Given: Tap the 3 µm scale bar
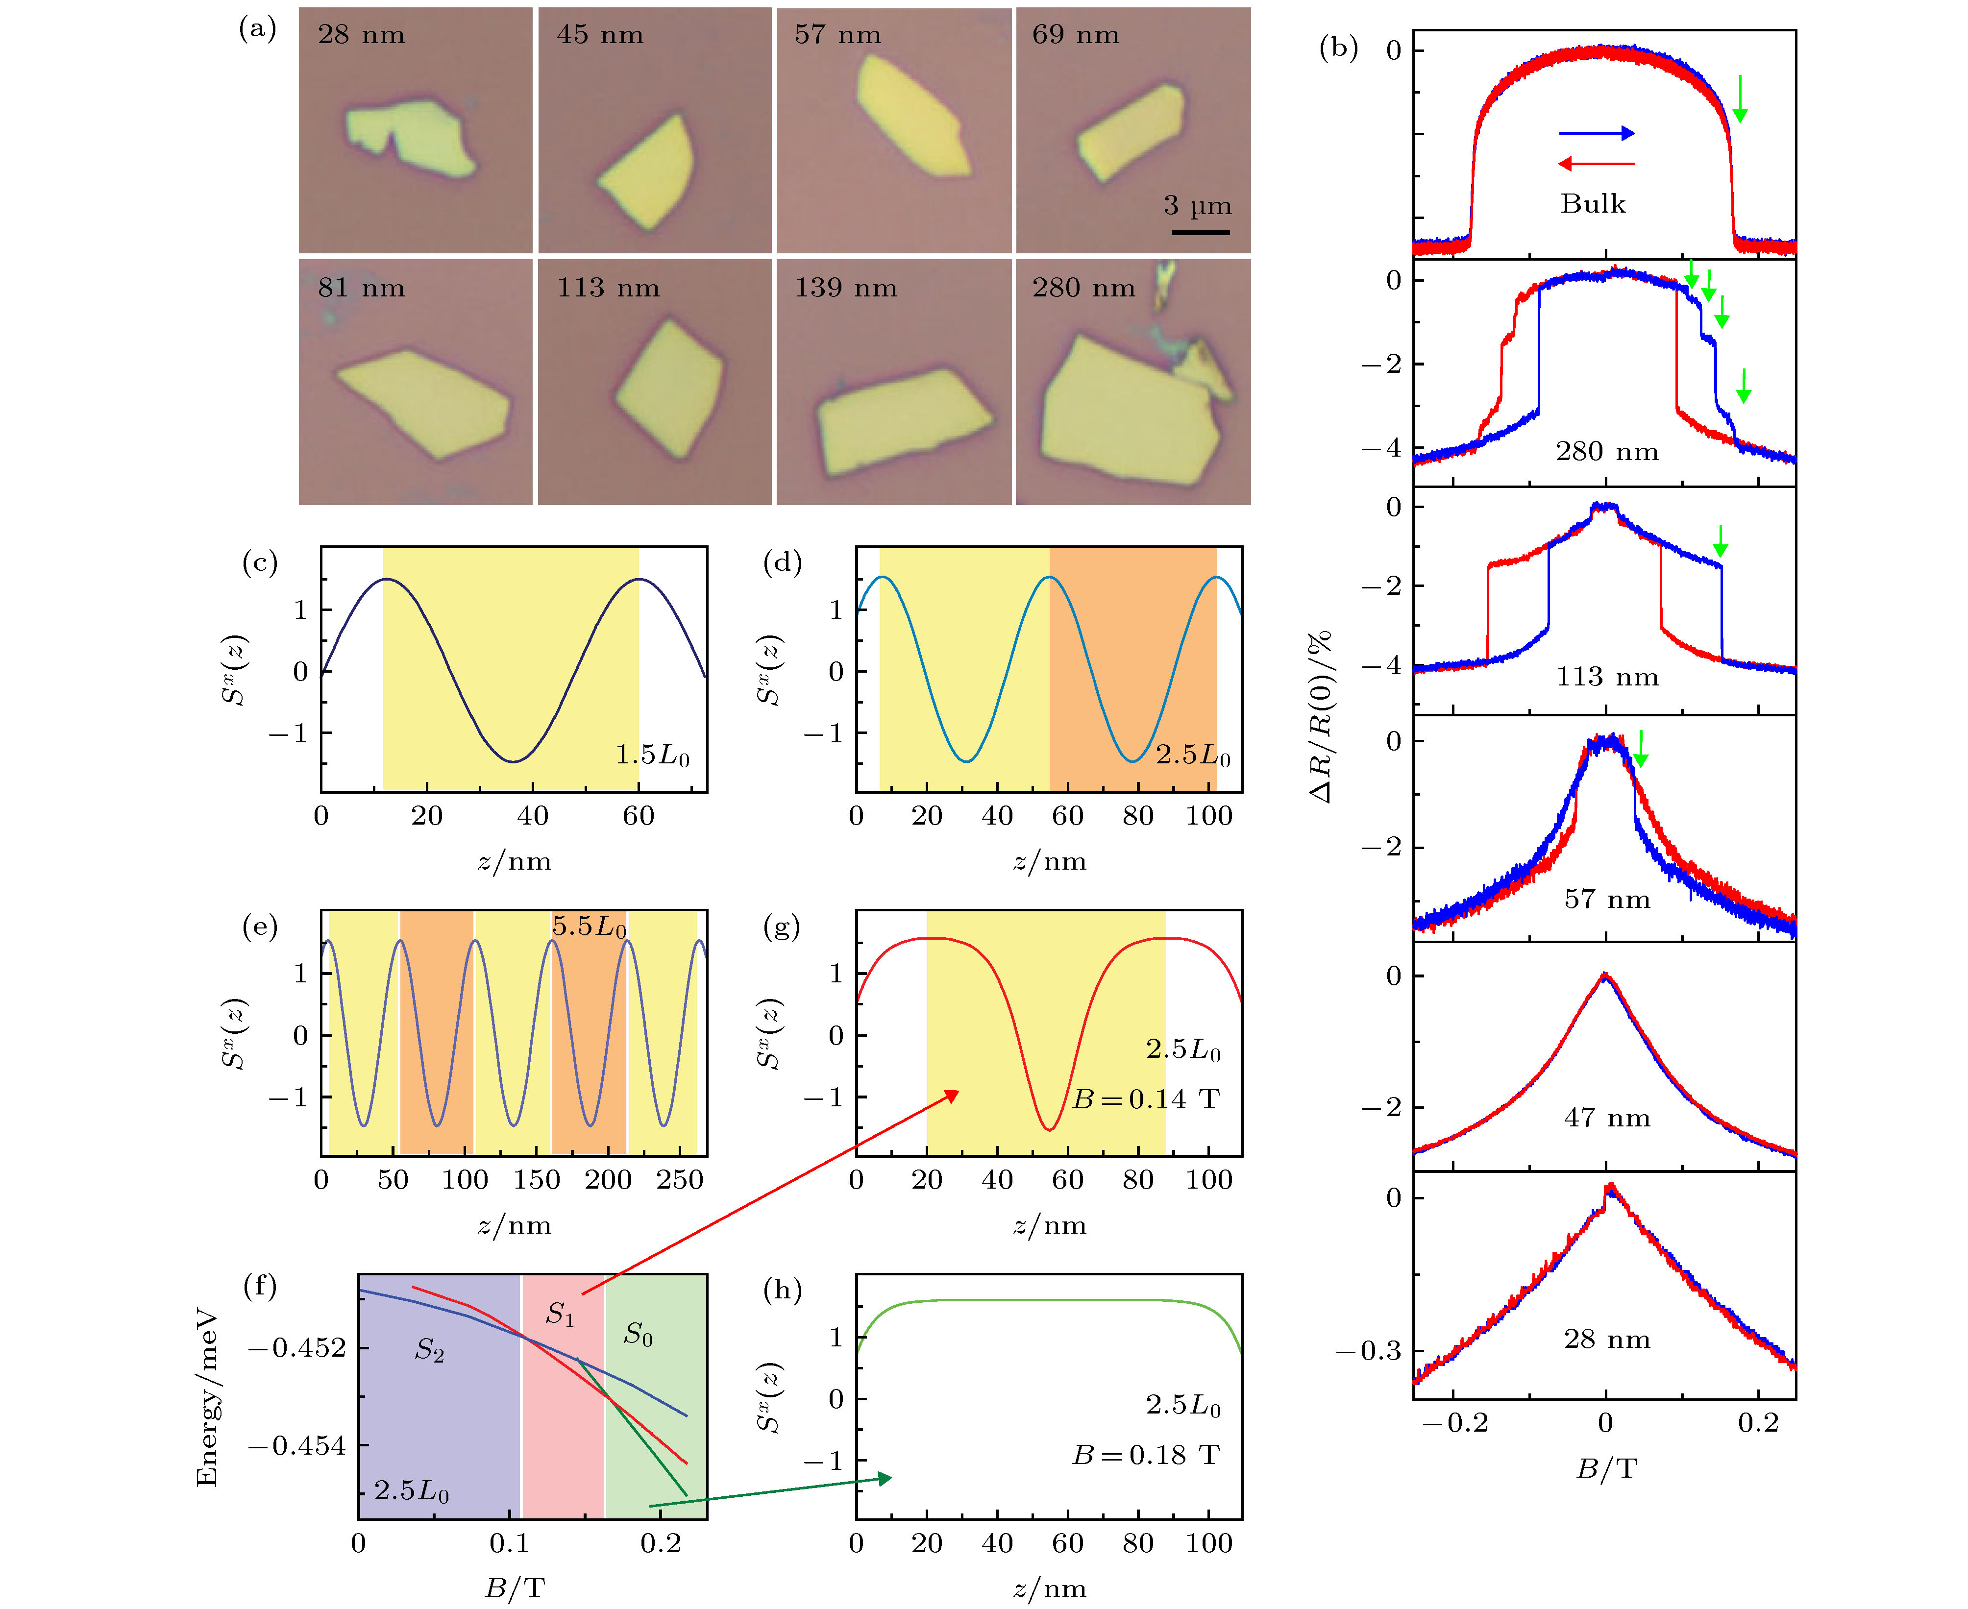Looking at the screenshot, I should tap(1201, 232).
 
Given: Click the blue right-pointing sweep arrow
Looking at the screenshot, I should tap(1596, 133).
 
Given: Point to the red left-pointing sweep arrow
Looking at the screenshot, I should tap(1596, 164).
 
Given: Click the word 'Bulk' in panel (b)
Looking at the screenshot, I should tap(1593, 204).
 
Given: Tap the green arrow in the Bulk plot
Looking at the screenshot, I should tap(1740, 98).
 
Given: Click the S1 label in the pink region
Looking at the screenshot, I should tap(560, 1314).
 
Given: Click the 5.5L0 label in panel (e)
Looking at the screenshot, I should tap(589, 926).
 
